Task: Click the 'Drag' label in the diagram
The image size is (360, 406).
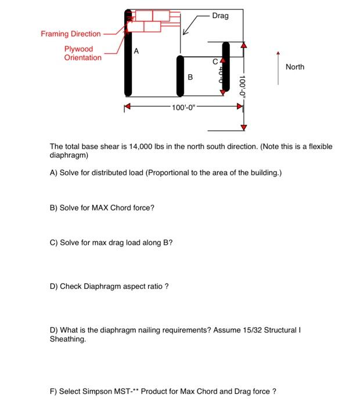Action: coord(220,16)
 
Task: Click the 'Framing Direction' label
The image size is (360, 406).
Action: coord(70,34)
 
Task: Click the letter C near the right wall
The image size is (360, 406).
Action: coord(214,60)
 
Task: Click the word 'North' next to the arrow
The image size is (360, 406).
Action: coord(294,67)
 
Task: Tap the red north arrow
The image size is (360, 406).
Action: coord(278,68)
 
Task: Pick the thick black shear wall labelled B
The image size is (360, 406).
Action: coord(181,75)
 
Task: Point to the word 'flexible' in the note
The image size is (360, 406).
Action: coord(319,147)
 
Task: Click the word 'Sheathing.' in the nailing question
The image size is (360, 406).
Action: coord(68,339)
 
